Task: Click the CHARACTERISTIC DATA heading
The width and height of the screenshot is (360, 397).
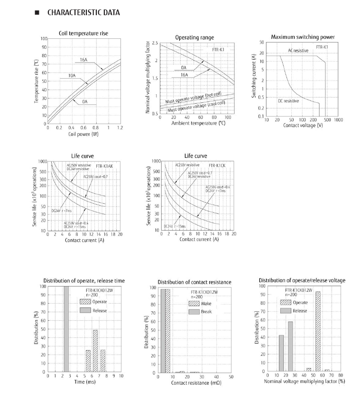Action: [x=83, y=13]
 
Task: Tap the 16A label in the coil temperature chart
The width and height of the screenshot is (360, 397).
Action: [x=84, y=60]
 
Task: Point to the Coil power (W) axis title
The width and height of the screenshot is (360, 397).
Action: [x=83, y=134]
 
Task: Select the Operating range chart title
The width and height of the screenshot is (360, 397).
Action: [x=194, y=37]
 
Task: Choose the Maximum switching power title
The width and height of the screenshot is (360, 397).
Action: [x=303, y=37]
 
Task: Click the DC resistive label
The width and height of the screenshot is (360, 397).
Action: [x=288, y=101]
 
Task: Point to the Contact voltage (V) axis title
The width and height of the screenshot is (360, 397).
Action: [x=303, y=126]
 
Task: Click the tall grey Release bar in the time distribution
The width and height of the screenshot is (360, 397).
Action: [x=66, y=329]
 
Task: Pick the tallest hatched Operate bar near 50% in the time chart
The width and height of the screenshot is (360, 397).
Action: [x=95, y=351]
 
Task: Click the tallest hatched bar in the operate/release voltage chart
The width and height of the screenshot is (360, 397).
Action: [x=317, y=331]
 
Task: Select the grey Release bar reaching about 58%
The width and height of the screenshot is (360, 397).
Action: [x=290, y=347]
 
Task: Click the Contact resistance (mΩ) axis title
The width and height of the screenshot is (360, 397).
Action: [x=195, y=382]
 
